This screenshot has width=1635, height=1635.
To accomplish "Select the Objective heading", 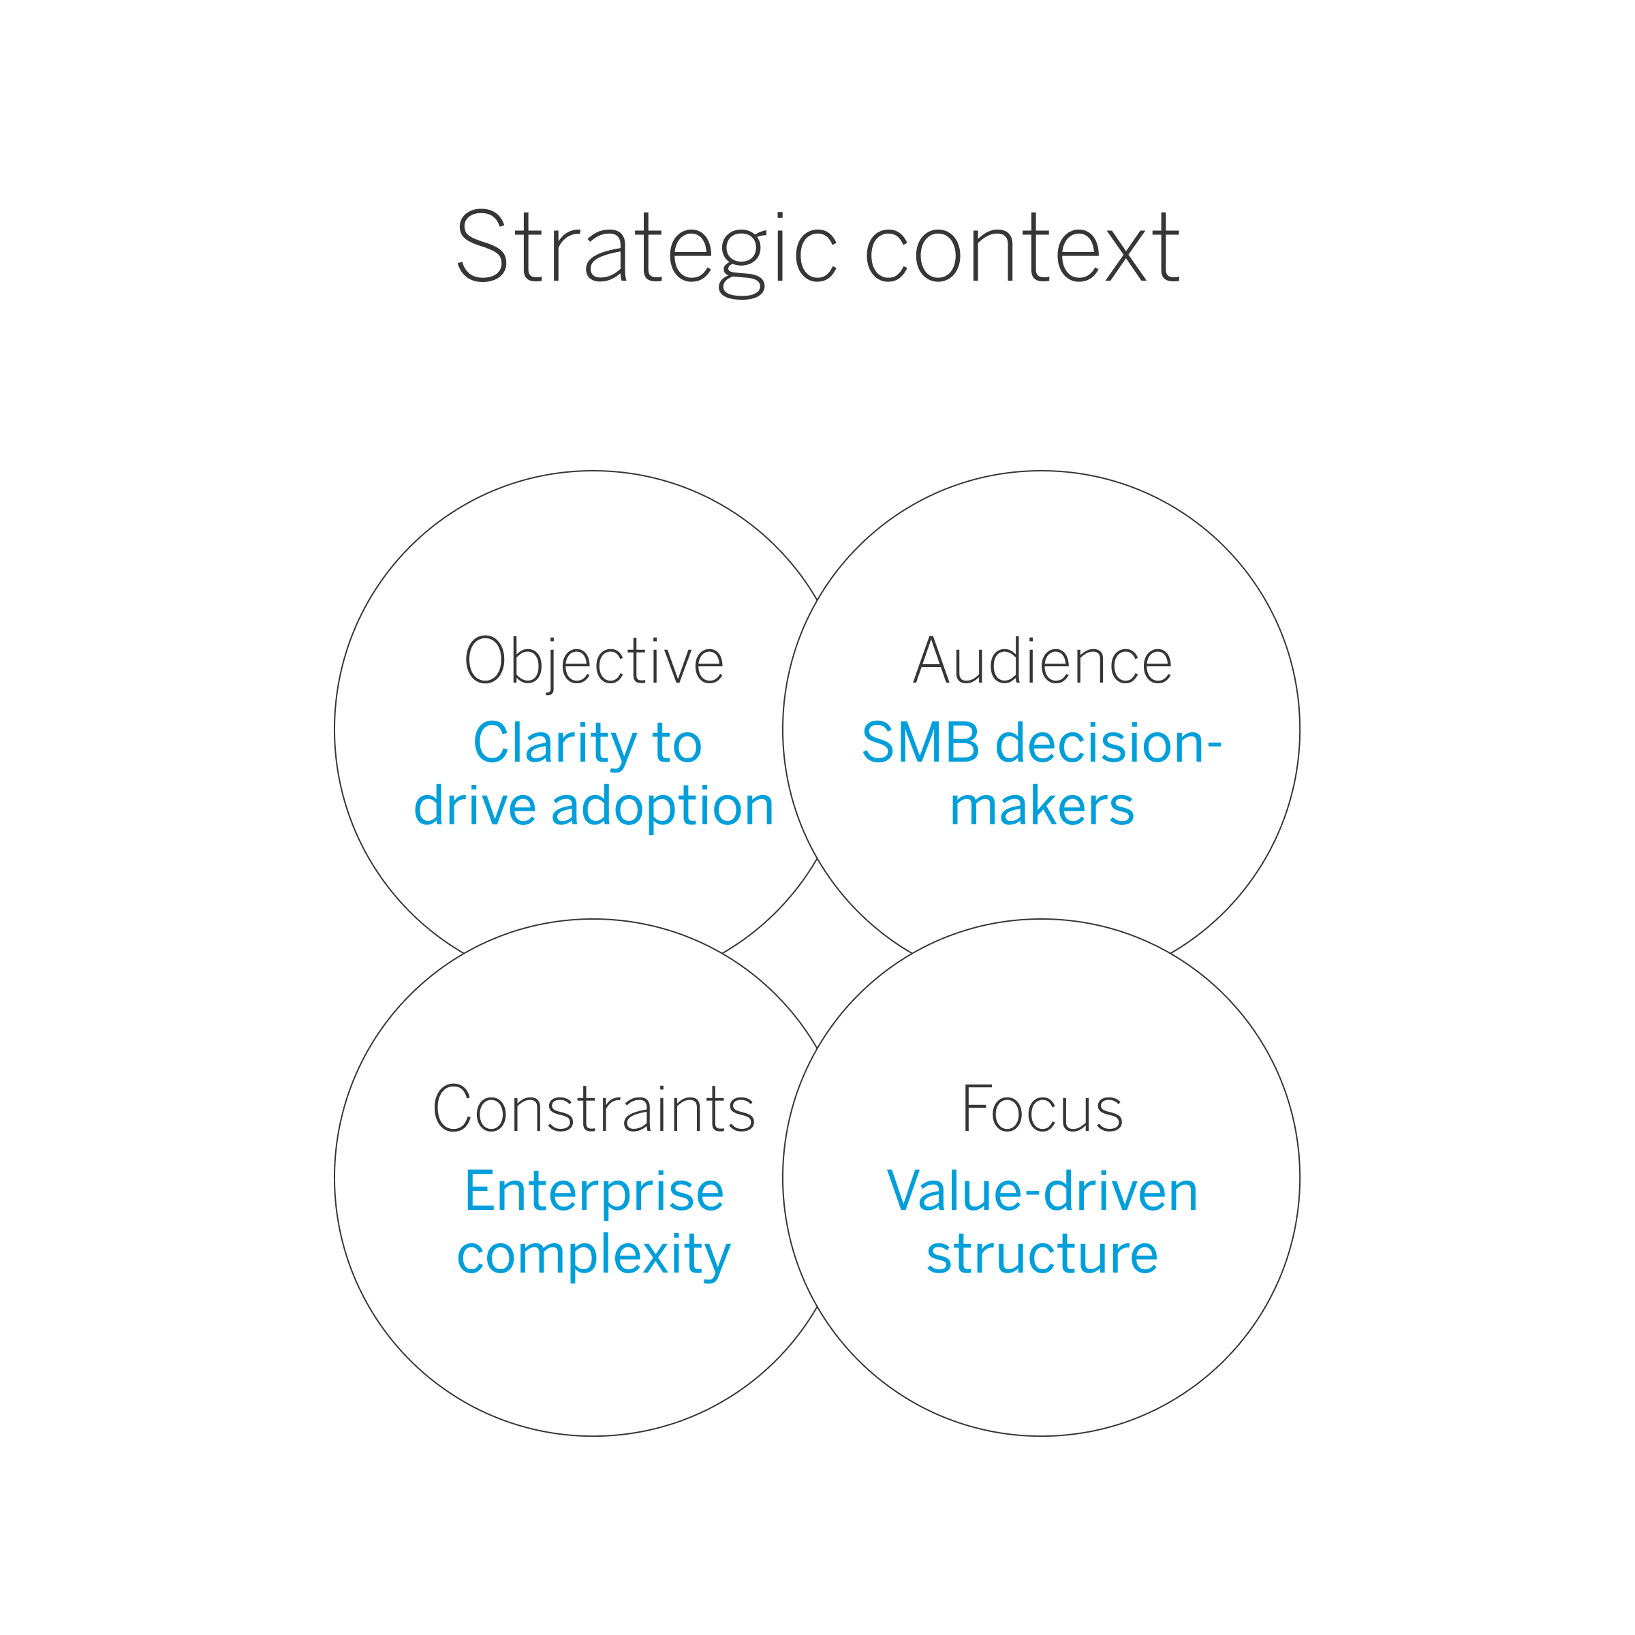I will [594, 661].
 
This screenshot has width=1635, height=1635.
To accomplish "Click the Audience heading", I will [1042, 661].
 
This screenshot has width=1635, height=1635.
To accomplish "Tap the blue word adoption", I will [663, 806].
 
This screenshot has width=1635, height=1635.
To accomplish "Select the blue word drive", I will [474, 806].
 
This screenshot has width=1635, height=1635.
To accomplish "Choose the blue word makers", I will [1042, 806].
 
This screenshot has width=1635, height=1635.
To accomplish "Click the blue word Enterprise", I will [594, 1191].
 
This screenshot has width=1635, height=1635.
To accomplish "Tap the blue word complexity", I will [594, 1255].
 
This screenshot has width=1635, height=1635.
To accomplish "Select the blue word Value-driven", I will [1042, 1191].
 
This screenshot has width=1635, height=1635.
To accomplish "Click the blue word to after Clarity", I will [677, 743].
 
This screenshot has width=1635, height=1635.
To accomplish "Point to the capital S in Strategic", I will [482, 247].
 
